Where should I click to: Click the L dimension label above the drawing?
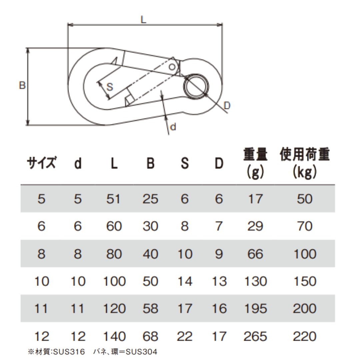[143, 20]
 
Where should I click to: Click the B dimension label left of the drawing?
[22, 85]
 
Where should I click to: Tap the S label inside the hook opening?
[110, 87]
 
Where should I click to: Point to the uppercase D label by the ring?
[227, 106]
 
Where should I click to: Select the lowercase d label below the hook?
[173, 127]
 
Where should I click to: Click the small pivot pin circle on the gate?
[172, 67]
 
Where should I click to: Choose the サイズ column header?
[42, 163]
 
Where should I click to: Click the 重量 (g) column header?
[255, 163]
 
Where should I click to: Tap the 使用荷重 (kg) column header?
[305, 163]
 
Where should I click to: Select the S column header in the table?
[185, 163]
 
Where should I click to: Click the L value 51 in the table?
[113, 199]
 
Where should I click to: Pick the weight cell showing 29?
[255, 226]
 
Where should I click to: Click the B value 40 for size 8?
[150, 254]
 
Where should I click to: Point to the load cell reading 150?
[305, 281]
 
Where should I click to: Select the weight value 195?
[255, 308]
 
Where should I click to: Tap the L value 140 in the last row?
[114, 336]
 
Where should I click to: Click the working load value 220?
[305, 336]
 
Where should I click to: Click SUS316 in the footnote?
[69, 352]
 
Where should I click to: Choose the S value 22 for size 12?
[185, 336]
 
